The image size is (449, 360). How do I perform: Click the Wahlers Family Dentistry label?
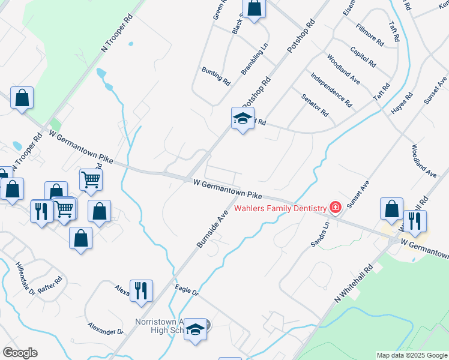pos(280,209)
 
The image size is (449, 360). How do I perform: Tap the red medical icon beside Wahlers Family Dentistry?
pos(335,208)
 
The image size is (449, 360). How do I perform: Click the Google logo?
pos(20,352)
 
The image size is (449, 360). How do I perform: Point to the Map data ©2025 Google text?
pos(411,355)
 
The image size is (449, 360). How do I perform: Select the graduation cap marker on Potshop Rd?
pos(243,119)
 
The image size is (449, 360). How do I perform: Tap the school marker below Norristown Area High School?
pos(195,329)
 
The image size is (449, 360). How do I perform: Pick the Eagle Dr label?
pos(187,290)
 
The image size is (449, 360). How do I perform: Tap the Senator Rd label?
pos(315,104)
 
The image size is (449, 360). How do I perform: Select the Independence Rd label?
pos(331,89)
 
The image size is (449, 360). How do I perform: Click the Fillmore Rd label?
pos(369,35)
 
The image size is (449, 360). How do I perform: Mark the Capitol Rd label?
pos(363,57)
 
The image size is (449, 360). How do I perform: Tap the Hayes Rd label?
pos(402,103)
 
